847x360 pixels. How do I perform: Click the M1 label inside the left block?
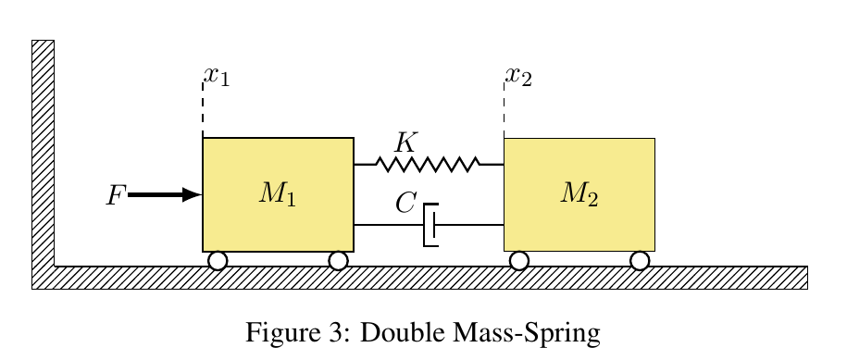coord(278,193)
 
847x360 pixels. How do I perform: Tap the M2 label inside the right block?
coord(580,193)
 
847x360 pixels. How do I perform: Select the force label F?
coord(116,195)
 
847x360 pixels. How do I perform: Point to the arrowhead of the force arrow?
coord(193,194)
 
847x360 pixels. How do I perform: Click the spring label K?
coord(405,143)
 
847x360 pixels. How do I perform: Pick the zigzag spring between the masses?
coord(429,165)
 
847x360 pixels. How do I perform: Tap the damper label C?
coord(405,203)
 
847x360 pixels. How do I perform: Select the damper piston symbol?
coord(430,225)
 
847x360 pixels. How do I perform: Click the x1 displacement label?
coord(217,75)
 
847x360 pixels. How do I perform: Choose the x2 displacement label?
coord(518,75)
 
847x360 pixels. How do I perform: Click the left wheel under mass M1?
coord(218,260)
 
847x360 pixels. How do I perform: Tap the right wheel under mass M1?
coord(338,260)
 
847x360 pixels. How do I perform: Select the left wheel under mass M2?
coord(519,260)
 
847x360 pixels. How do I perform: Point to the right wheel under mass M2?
coord(640,260)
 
